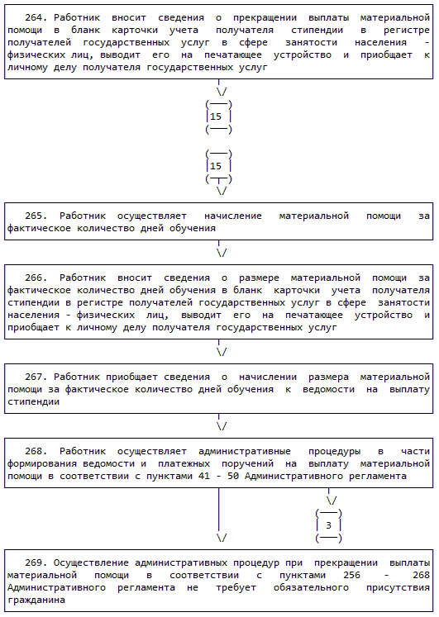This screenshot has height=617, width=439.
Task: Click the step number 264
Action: tap(36, 17)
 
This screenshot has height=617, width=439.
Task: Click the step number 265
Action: tap(36, 216)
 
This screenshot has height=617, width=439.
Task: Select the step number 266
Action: tap(36, 278)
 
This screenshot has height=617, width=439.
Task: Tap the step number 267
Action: tap(36, 377)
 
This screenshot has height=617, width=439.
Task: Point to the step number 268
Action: tap(36, 451)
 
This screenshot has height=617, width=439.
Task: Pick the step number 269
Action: tap(36, 563)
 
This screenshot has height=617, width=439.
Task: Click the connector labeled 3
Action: tap(329, 525)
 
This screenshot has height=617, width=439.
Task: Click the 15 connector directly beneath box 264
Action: tap(219, 116)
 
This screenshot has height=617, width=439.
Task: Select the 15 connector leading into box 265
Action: tap(219, 167)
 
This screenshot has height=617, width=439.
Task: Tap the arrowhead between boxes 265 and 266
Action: tap(222, 253)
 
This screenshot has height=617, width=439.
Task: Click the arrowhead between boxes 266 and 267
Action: tap(222, 352)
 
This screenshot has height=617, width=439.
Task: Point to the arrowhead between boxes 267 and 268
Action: tap(222, 426)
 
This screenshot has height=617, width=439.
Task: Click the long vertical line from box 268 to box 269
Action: tap(218, 510)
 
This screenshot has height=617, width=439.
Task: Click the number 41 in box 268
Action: tap(204, 476)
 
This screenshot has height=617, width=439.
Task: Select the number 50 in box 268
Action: tap(233, 476)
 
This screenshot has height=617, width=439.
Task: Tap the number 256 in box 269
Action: tap(351, 576)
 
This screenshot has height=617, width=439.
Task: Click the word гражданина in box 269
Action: tap(36, 600)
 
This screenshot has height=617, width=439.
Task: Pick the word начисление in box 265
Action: tap(233, 216)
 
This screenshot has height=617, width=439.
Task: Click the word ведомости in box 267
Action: tap(328, 390)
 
